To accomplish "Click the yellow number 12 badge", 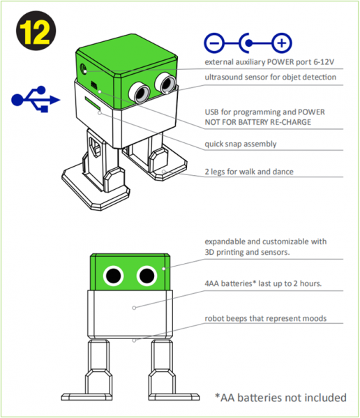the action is point(36,31).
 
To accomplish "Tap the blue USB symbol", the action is point(36,99).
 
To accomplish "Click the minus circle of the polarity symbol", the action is point(214,43).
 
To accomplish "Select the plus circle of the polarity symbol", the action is point(282,43).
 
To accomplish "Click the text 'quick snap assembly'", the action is point(241,144).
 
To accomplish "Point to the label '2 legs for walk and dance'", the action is point(249,172).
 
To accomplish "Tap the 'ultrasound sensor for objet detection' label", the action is point(270,77).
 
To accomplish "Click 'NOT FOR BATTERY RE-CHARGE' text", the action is point(257,122).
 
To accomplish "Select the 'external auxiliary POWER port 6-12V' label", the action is point(269,62).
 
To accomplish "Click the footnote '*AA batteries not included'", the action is point(280,398).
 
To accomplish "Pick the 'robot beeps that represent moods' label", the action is point(265,318).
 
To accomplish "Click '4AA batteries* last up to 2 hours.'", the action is point(263,283).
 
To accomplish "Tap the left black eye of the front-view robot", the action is point(113,276).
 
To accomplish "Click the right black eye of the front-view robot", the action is point(147,276).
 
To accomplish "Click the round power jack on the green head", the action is point(84,68).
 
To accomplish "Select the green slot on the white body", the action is point(93,103).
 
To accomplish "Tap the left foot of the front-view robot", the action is point(87,396).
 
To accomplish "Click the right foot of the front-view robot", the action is point(174,396).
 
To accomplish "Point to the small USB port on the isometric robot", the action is point(93,84).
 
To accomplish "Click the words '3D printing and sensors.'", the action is point(247,252).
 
